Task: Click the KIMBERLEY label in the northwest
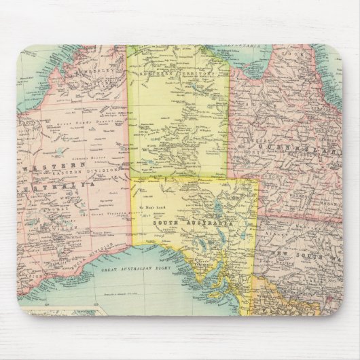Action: pyautogui.click(x=94, y=71)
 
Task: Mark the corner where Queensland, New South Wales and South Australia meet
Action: pyautogui.click(x=257, y=219)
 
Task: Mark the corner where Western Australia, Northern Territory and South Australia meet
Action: pyautogui.click(x=131, y=176)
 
